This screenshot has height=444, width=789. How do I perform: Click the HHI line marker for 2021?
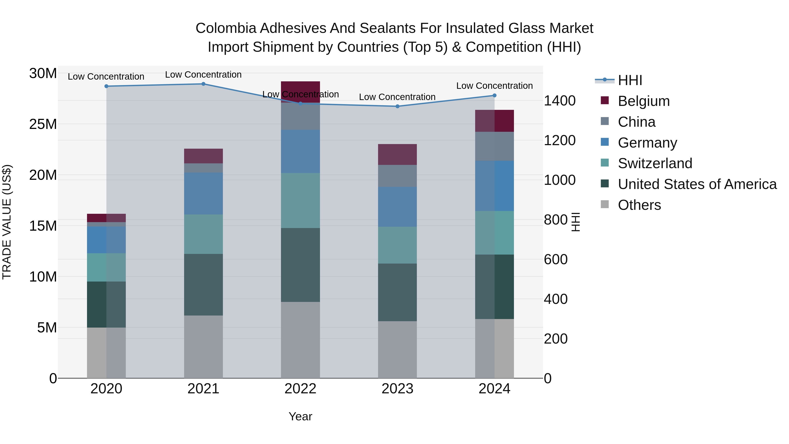[x=203, y=84]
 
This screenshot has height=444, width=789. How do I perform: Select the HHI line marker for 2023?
[x=397, y=106]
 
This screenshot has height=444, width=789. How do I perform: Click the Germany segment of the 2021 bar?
[x=203, y=193]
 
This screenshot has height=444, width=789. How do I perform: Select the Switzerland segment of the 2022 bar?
[x=300, y=200]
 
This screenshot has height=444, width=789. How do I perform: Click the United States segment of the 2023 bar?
[x=397, y=292]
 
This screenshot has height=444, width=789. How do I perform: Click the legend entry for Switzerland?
[x=655, y=163]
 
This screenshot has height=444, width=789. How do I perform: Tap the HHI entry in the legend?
[x=630, y=80]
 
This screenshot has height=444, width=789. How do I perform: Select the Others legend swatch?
[x=605, y=204]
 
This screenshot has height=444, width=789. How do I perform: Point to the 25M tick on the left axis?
[x=43, y=124]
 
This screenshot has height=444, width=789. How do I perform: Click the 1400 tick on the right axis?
[x=560, y=101]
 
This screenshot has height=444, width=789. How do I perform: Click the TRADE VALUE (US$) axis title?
[x=7, y=222]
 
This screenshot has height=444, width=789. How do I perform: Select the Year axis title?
[x=300, y=416]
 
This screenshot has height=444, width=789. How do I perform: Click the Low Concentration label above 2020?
[x=106, y=77]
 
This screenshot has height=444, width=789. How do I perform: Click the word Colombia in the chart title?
[x=226, y=28]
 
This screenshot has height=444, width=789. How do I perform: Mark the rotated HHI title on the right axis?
[x=576, y=222]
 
